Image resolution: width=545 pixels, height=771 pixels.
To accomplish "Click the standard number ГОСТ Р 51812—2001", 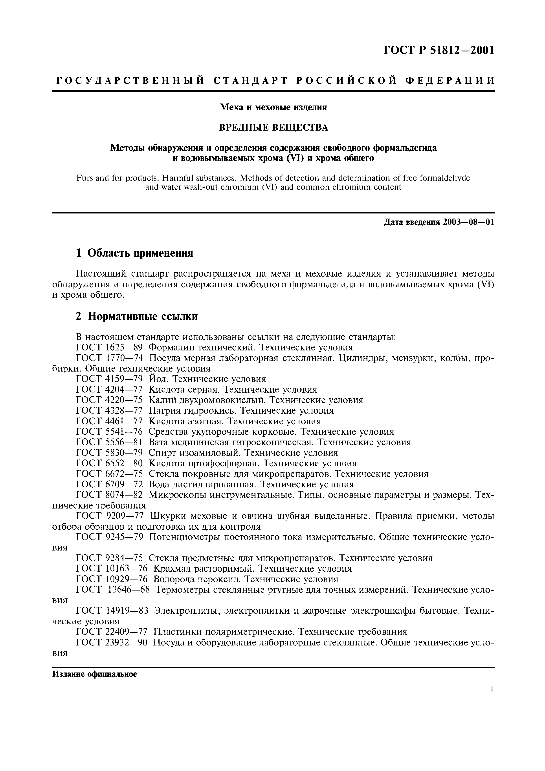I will click(439, 50).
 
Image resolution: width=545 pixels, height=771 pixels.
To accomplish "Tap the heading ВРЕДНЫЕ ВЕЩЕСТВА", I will click(273, 128).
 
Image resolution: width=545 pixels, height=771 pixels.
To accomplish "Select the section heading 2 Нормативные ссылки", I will click(137, 316).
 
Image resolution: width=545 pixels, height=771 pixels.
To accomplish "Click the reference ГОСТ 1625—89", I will click(110, 347).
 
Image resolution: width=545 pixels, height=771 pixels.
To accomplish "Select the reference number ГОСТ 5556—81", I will click(110, 442).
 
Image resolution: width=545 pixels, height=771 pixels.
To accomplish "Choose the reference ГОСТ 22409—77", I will click(112, 632).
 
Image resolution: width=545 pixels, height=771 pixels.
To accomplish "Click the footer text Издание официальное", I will click(95, 674).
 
